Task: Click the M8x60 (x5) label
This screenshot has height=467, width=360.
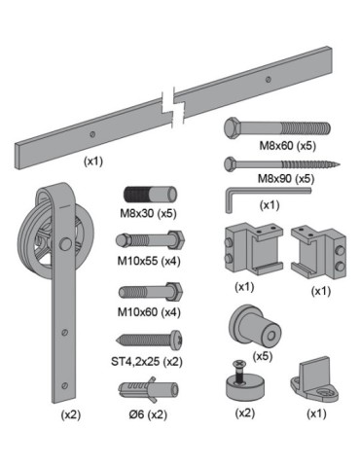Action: click(287, 146)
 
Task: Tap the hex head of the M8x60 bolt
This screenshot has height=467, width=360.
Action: click(233, 128)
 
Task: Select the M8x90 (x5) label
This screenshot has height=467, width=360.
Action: click(286, 179)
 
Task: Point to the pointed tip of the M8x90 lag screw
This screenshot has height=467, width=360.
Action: click(340, 164)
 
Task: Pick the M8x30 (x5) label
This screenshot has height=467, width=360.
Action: click(148, 213)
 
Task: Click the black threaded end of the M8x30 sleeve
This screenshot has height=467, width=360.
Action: click(135, 196)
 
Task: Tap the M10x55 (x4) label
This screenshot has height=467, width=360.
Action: click(149, 261)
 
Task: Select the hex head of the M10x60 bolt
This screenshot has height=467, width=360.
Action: click(175, 292)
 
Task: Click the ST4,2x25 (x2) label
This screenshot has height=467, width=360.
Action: click(147, 361)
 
